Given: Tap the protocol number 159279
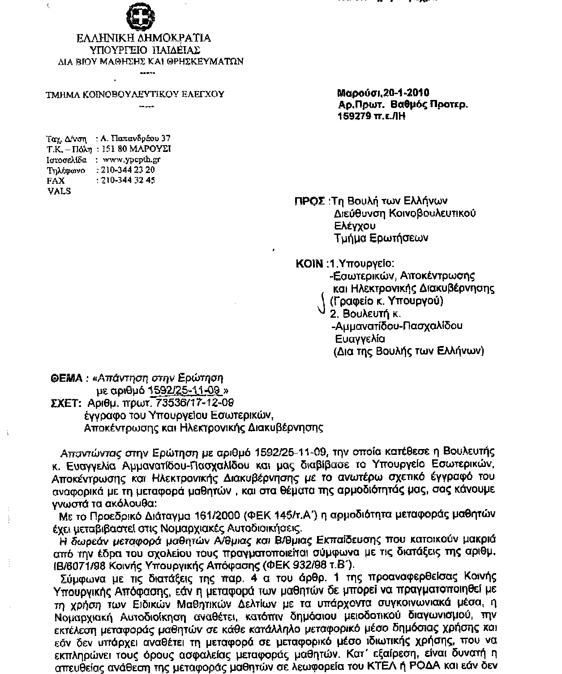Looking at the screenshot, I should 354,116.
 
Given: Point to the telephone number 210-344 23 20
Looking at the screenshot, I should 129,170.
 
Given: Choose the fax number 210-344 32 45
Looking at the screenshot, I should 129,181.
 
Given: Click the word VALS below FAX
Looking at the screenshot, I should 59,191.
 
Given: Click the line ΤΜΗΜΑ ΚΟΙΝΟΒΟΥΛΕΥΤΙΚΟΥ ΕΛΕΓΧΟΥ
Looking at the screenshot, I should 135,94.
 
